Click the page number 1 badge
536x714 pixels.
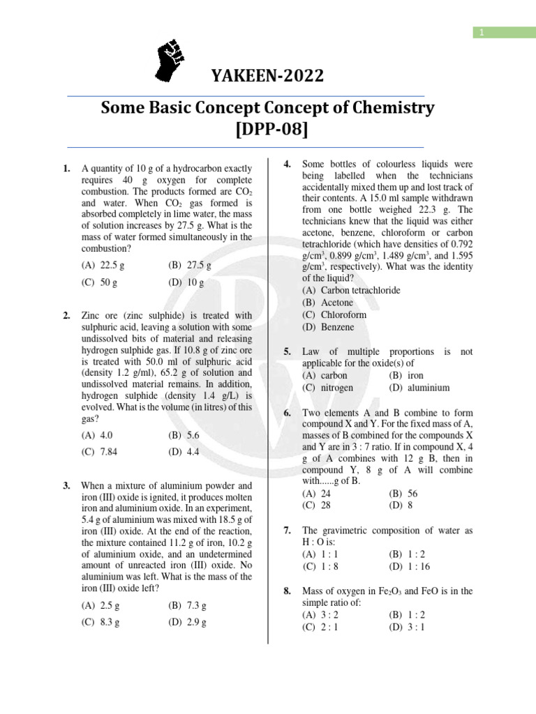pyautogui.click(x=481, y=32)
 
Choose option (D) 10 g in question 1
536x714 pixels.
pyautogui.click(x=186, y=283)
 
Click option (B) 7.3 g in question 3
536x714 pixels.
pyautogui.click(x=187, y=605)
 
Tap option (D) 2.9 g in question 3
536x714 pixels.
pyautogui.click(x=187, y=622)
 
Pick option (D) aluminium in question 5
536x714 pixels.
pyautogui.click(x=419, y=388)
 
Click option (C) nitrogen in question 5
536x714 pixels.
pyautogui.click(x=327, y=388)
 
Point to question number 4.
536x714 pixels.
pyautogui.click(x=287, y=164)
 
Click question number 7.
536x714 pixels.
pyautogui.click(x=287, y=530)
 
